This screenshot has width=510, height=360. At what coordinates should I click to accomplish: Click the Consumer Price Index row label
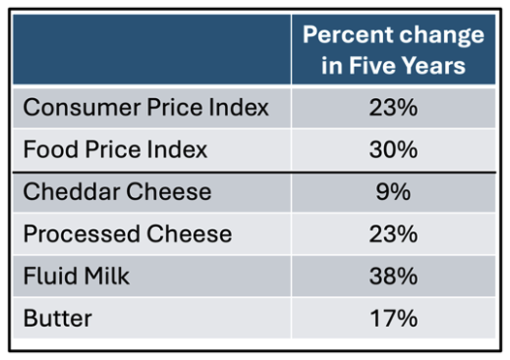pyautogui.click(x=146, y=108)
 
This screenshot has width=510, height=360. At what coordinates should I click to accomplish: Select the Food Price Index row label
pyautogui.click(x=115, y=149)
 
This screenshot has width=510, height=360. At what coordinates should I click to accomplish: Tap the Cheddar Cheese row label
pyautogui.click(x=117, y=191)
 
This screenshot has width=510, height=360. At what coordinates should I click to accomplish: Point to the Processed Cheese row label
pyautogui.click(x=128, y=234)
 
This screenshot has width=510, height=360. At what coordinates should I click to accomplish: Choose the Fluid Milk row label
pyautogui.click(x=77, y=276)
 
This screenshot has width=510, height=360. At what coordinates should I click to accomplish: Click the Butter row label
pyautogui.click(x=57, y=318)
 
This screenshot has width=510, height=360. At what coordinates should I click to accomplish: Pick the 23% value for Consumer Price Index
pyautogui.click(x=394, y=108)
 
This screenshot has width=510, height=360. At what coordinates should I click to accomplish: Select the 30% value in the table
pyautogui.click(x=394, y=149)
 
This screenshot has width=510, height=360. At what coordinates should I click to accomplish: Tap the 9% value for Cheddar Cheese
pyautogui.click(x=394, y=191)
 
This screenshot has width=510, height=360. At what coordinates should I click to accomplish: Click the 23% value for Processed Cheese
pyautogui.click(x=394, y=234)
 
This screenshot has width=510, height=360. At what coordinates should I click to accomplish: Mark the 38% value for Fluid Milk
pyautogui.click(x=394, y=276)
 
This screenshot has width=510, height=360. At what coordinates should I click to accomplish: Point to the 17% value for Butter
pyautogui.click(x=394, y=318)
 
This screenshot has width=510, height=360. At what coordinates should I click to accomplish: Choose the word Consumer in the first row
pyautogui.click(x=82, y=108)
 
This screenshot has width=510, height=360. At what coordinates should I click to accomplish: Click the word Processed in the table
pyautogui.click(x=82, y=234)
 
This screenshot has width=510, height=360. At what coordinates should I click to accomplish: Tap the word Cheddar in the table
pyautogui.click(x=72, y=191)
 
